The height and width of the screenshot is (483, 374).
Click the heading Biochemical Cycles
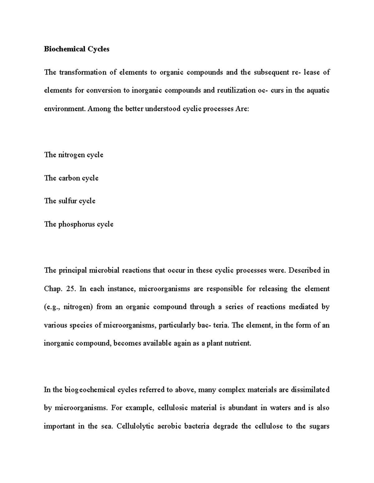(x=77, y=49)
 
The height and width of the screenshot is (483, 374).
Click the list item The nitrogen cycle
(x=74, y=155)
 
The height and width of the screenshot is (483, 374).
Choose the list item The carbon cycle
(x=71, y=178)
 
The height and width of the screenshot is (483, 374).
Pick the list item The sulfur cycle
(x=70, y=201)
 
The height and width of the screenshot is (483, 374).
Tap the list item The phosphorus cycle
(x=79, y=224)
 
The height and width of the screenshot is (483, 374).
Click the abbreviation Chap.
(x=53, y=289)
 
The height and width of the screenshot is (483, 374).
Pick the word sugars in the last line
(x=319, y=426)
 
